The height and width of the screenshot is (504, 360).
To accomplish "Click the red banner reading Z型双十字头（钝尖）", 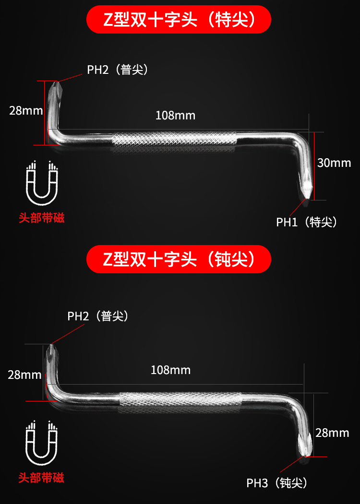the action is point(179,259).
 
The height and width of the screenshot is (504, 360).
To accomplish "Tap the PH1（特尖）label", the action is point(307,222).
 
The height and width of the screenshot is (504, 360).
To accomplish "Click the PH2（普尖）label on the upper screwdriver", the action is point(118,70).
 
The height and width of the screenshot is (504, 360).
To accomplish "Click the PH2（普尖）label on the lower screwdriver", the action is point(98,316).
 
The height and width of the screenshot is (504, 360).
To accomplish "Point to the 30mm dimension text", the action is point(334,163).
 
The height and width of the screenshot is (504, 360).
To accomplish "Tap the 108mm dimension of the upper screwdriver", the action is point(175,116).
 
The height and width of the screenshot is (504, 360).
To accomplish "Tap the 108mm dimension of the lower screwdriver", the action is point(170,370).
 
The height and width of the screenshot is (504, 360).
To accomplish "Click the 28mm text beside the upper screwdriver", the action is point(26,111).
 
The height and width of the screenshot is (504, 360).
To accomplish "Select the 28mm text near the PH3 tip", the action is point(332,433).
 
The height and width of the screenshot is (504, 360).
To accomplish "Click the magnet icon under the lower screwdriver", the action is point(41,443).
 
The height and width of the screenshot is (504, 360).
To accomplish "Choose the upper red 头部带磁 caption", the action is point(41,218).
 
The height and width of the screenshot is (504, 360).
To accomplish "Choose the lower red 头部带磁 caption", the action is point(41,478).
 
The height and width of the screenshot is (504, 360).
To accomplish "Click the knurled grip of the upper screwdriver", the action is point(174,139).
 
